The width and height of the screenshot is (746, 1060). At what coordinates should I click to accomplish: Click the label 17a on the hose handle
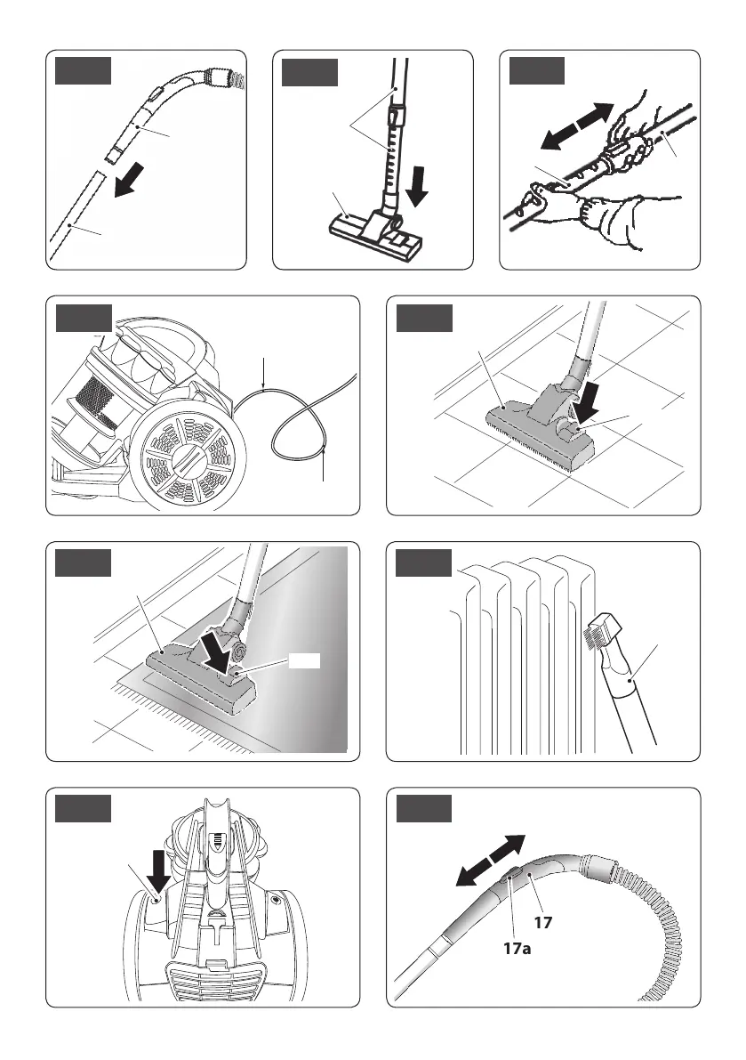tap(513, 950)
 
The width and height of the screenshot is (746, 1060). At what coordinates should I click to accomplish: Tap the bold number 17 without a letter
tap(543, 923)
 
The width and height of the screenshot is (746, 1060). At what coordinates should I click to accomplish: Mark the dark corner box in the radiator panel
tap(423, 564)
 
